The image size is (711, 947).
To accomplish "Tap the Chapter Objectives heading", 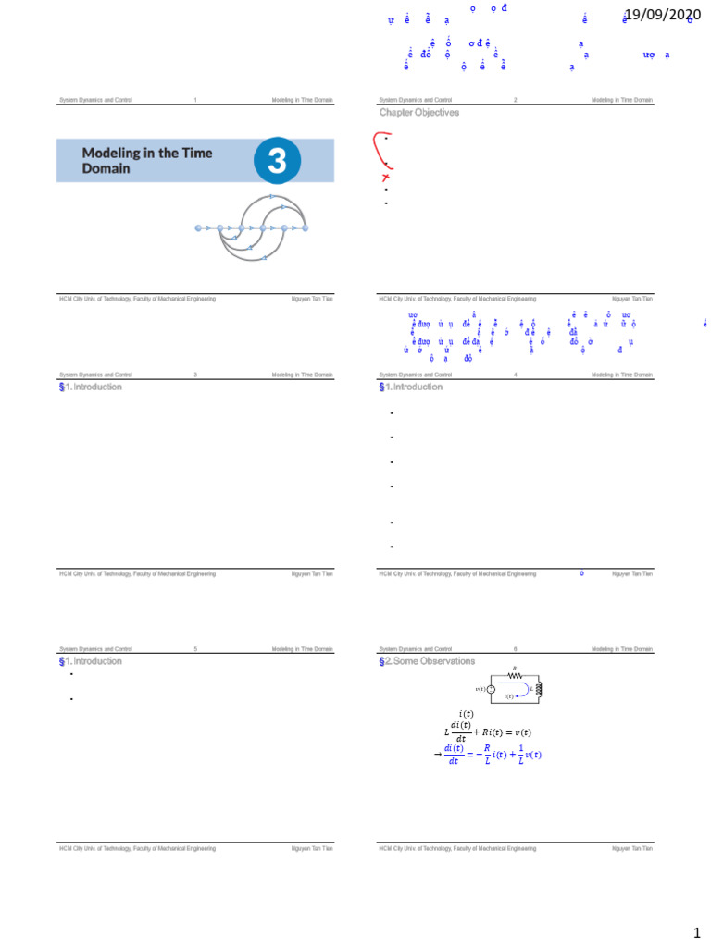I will click(418, 113).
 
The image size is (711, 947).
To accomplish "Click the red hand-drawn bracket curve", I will click(376, 148).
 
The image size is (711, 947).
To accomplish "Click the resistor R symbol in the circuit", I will click(515, 675).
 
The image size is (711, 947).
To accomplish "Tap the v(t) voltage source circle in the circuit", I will click(491, 689).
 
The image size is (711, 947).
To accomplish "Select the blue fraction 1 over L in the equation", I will click(521, 755).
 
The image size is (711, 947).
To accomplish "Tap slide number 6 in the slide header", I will click(516, 649).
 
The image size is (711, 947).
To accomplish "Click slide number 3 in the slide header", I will click(195, 375).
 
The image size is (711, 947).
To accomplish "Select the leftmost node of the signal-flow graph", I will click(198, 228).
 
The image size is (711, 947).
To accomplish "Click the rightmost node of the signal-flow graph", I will click(305, 228).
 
